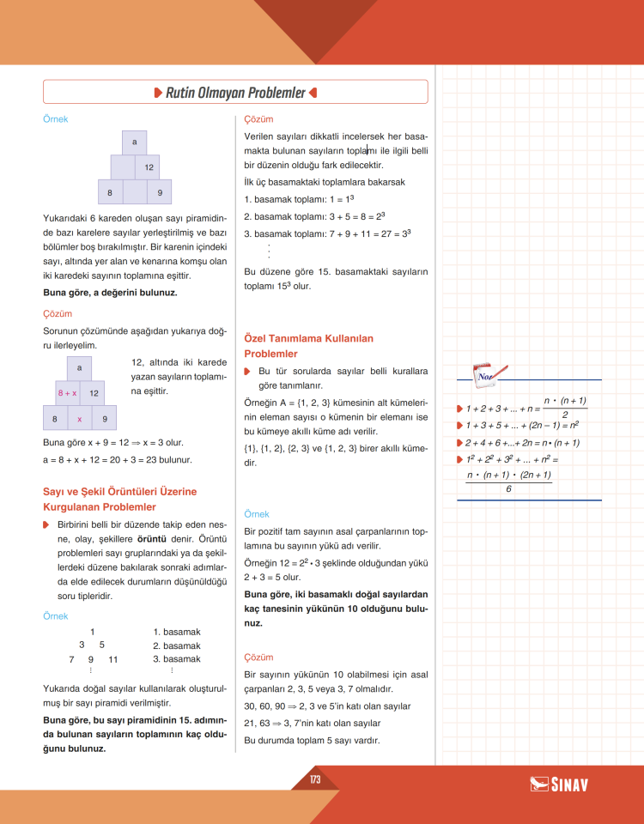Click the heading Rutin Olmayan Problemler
point(235,92)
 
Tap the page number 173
point(315,779)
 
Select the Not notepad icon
point(487,374)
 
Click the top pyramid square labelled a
point(135,142)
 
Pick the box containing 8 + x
point(67,392)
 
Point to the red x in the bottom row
point(79,419)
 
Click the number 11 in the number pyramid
point(112,659)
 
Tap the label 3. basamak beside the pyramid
point(177,659)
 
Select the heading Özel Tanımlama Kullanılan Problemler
point(308,346)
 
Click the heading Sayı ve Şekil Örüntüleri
point(119,500)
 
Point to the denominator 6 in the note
point(508,488)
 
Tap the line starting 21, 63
point(312,723)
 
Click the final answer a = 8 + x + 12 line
point(117,459)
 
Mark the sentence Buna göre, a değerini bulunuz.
point(110,293)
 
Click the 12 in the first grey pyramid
point(149,167)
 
